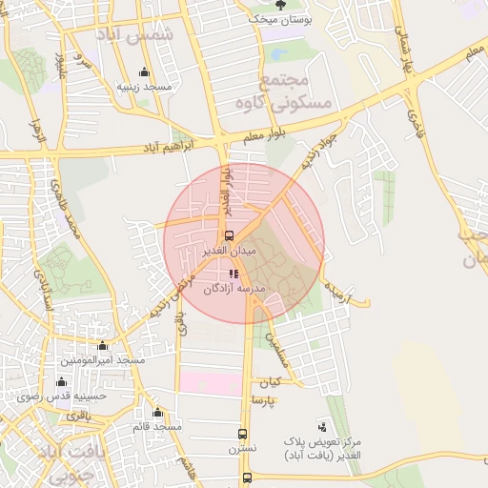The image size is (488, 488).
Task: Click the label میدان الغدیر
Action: click(x=229, y=251)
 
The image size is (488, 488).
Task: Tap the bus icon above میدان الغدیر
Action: click(x=228, y=235)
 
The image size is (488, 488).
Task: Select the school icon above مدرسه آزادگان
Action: click(x=235, y=274)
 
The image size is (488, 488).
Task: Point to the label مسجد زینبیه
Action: click(x=144, y=86)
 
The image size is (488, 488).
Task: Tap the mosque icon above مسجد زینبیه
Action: click(x=144, y=71)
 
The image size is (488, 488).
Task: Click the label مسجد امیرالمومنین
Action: click(x=103, y=360)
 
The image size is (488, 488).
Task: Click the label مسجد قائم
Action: click(x=157, y=426)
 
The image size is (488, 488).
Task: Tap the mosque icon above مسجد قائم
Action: click(x=157, y=413)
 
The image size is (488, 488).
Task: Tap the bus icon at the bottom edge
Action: click(x=248, y=478)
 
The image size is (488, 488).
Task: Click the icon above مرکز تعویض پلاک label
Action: click(x=322, y=426)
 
